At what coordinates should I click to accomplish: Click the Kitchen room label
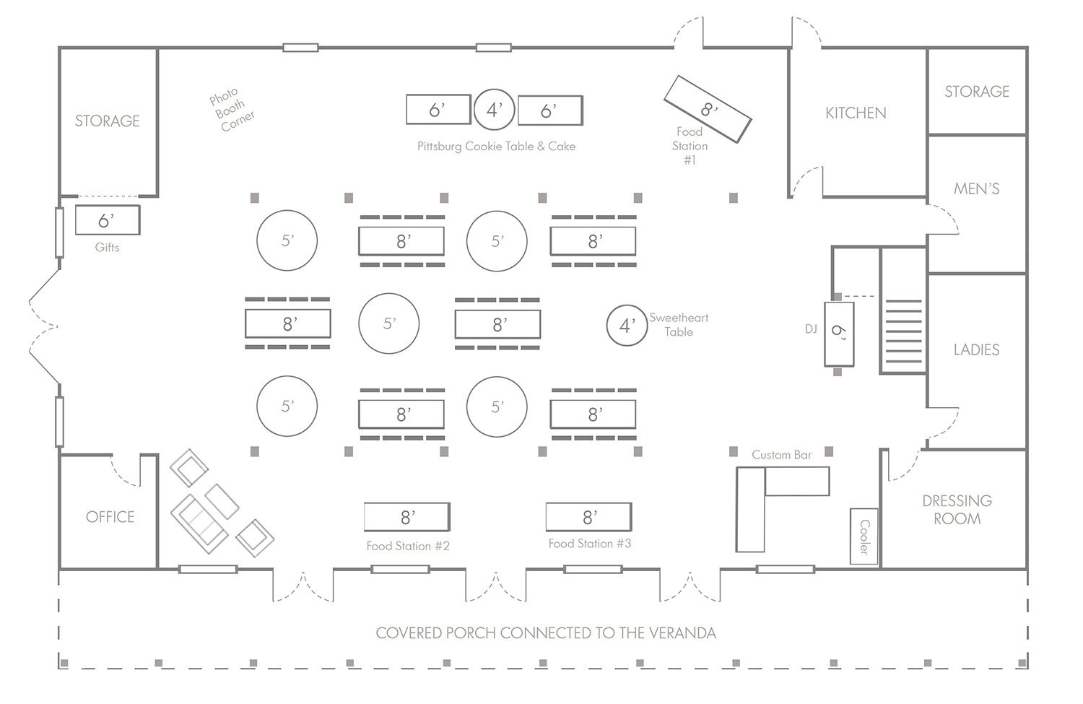click(856, 113)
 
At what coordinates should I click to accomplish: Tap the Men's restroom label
click(976, 188)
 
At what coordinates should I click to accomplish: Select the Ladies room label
click(976, 349)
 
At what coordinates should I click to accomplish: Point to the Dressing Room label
click(957, 509)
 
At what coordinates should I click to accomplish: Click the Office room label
click(110, 516)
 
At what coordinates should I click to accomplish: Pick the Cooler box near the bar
click(864, 536)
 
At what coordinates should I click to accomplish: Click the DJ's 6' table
click(839, 334)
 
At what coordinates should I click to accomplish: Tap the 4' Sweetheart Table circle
click(626, 325)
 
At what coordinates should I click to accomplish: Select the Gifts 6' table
click(107, 220)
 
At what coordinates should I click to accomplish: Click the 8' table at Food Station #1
click(708, 109)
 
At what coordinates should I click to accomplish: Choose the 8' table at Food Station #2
click(406, 517)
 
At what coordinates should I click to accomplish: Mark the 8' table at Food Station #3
click(588, 517)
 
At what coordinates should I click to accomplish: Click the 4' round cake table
click(494, 110)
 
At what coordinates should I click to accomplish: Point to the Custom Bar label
click(781, 455)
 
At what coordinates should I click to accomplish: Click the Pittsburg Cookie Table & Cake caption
click(496, 147)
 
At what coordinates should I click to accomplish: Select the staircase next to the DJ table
click(902, 336)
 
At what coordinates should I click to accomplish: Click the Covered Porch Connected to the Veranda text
click(546, 633)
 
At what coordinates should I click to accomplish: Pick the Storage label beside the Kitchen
click(976, 91)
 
